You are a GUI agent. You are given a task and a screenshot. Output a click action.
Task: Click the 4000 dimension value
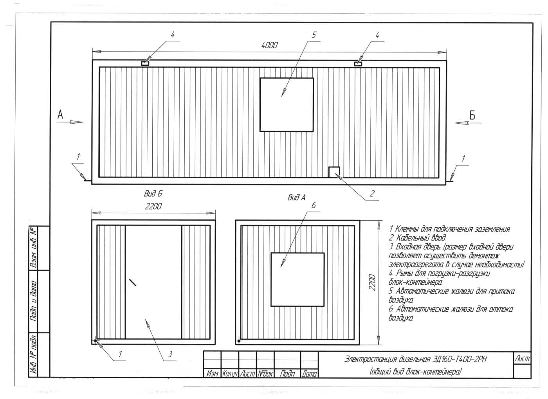[x=269, y=45]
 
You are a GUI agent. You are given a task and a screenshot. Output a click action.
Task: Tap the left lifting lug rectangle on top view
[x=145, y=63]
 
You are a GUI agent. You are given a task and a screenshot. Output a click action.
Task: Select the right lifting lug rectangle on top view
[x=358, y=64]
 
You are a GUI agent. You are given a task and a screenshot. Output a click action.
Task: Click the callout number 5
[x=314, y=35]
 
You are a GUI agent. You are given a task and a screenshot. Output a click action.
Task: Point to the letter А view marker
[x=60, y=114]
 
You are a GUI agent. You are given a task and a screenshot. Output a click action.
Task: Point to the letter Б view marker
[x=472, y=115]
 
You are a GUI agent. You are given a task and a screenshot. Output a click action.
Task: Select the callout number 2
[x=372, y=194]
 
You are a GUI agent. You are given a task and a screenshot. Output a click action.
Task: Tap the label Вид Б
[x=153, y=194]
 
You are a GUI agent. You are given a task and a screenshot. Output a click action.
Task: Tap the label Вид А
[x=297, y=197]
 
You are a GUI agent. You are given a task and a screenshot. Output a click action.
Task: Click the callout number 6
[x=314, y=205]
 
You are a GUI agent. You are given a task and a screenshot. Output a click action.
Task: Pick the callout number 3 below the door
[x=170, y=354]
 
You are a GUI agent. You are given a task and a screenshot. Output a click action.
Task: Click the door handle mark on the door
[x=133, y=282]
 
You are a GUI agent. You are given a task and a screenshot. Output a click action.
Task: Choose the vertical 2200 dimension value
[x=372, y=282]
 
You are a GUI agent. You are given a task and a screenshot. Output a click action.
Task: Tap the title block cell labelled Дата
[x=309, y=374]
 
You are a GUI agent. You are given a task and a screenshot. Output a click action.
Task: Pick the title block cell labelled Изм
[x=212, y=374]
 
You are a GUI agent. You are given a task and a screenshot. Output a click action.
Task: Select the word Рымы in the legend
[x=405, y=273]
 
